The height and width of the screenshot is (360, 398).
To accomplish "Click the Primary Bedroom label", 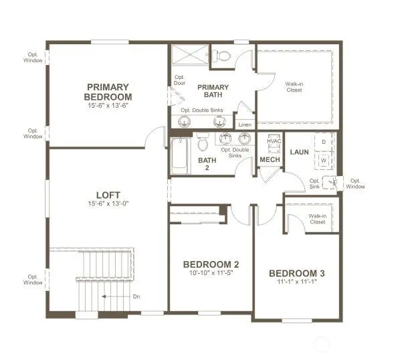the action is pyautogui.click(x=108, y=92).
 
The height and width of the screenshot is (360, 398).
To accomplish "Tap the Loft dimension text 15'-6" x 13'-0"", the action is pyautogui.click(x=108, y=203).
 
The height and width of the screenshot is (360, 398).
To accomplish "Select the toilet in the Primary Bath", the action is pyautogui.click(x=221, y=56).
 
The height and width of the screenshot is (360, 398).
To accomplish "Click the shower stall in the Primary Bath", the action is pyautogui.click(x=190, y=54).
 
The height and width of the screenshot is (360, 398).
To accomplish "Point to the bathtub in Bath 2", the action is pyautogui.click(x=180, y=156).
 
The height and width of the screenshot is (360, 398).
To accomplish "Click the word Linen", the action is pyautogui.click(x=245, y=124).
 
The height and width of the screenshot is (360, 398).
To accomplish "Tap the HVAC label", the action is pyautogui.click(x=274, y=141).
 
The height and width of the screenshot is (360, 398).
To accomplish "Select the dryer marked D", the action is pyautogui.click(x=324, y=142).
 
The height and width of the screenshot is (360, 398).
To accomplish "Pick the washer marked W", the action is pyautogui.click(x=324, y=161).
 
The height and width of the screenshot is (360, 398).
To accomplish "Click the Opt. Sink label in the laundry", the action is pyautogui.click(x=314, y=183).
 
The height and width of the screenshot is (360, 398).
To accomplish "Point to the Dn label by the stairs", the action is pyautogui.click(x=136, y=296).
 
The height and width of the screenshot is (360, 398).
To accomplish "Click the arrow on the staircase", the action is pyautogui.click(x=116, y=296).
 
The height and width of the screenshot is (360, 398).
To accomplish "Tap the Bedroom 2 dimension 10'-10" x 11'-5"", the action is pyautogui.click(x=211, y=273).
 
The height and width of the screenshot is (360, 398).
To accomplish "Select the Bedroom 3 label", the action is pyautogui.click(x=297, y=274).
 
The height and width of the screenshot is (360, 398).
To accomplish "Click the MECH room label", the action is pyautogui.click(x=270, y=160).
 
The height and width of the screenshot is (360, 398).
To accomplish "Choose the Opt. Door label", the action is pyautogui.click(x=179, y=80).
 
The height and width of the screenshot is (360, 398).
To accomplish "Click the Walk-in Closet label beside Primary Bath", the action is pyautogui.click(x=294, y=87).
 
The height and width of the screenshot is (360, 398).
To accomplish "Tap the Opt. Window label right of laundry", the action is pyautogui.click(x=355, y=183).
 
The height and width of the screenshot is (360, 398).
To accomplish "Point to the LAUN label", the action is pyautogui.click(x=300, y=152).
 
